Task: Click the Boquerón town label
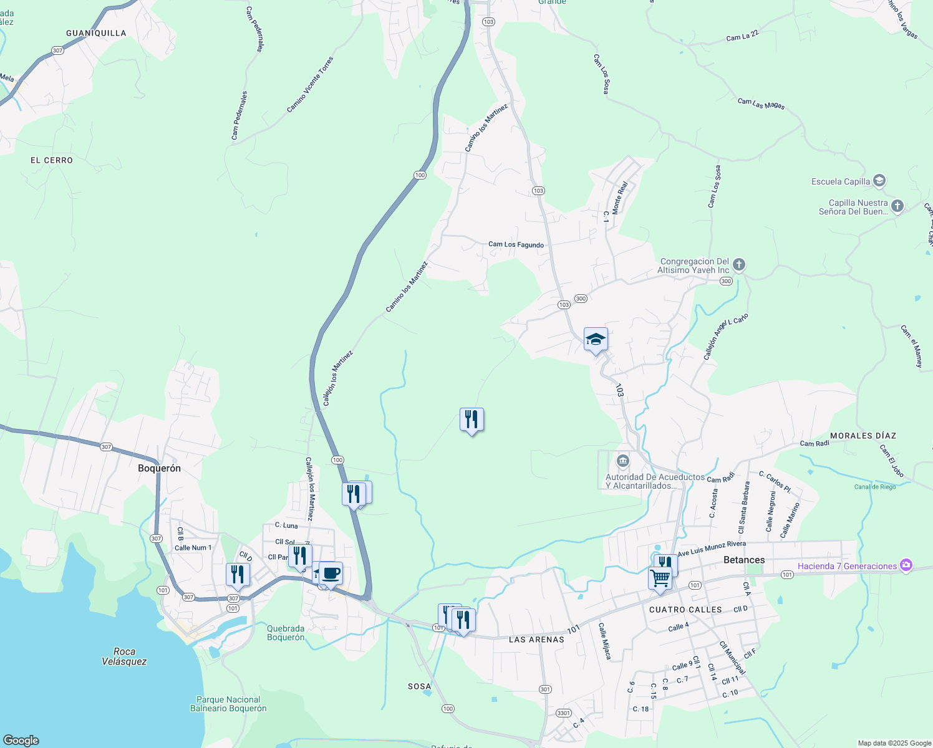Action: click(159, 468)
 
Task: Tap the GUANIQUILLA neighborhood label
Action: click(96, 33)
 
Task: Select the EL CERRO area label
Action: click(52, 160)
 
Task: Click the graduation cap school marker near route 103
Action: click(596, 340)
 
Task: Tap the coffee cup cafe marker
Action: click(331, 573)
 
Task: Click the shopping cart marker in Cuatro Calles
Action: click(660, 578)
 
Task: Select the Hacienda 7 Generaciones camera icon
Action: click(906, 566)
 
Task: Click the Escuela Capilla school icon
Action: click(879, 181)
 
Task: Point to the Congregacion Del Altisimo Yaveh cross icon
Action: click(738, 266)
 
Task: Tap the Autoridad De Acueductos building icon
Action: click(622, 461)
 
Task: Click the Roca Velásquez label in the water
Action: click(124, 656)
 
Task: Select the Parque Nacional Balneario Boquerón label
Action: click(228, 704)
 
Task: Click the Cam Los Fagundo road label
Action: click(516, 244)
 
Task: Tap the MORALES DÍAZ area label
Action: click(863, 436)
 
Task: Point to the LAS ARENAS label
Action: click(536, 640)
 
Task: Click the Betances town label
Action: click(744, 560)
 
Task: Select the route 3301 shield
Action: click(563, 713)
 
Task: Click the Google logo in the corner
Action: click(21, 740)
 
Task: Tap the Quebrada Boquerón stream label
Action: click(286, 633)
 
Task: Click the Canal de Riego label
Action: click(875, 487)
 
